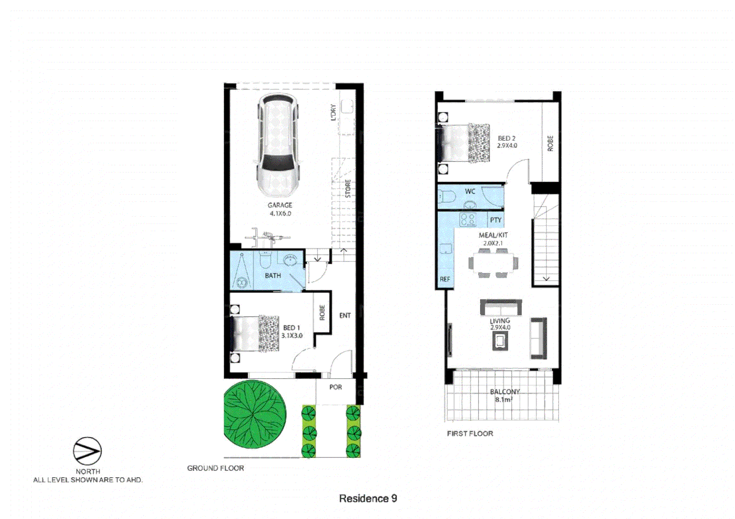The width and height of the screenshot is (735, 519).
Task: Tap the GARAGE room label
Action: [280, 205]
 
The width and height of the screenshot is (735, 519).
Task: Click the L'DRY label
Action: [333, 112]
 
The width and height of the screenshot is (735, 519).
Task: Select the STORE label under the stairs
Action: [348, 188]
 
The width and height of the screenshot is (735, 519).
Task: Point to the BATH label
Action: [273, 276]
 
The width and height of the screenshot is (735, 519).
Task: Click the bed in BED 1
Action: [255, 334]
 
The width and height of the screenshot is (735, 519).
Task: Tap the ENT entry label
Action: [345, 316]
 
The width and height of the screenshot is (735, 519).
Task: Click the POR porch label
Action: [336, 387]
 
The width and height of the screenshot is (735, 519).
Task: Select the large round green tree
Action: [254, 414]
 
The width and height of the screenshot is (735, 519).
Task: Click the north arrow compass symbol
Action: [87, 451]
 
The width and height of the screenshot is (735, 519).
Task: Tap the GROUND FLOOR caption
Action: [215, 468]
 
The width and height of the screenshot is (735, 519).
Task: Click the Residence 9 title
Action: [368, 498]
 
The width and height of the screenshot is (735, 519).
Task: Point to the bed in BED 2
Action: [464, 143]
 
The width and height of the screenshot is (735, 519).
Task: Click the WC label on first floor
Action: [470, 191]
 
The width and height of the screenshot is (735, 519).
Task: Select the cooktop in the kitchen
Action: [468, 220]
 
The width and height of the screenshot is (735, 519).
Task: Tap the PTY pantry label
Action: [495, 220]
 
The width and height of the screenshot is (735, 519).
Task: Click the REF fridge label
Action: [445, 279]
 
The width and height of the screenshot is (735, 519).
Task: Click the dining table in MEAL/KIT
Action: [493, 263]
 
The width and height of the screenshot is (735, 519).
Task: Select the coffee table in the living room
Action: [500, 341]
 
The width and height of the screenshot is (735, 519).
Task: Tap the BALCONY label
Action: [505, 392]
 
